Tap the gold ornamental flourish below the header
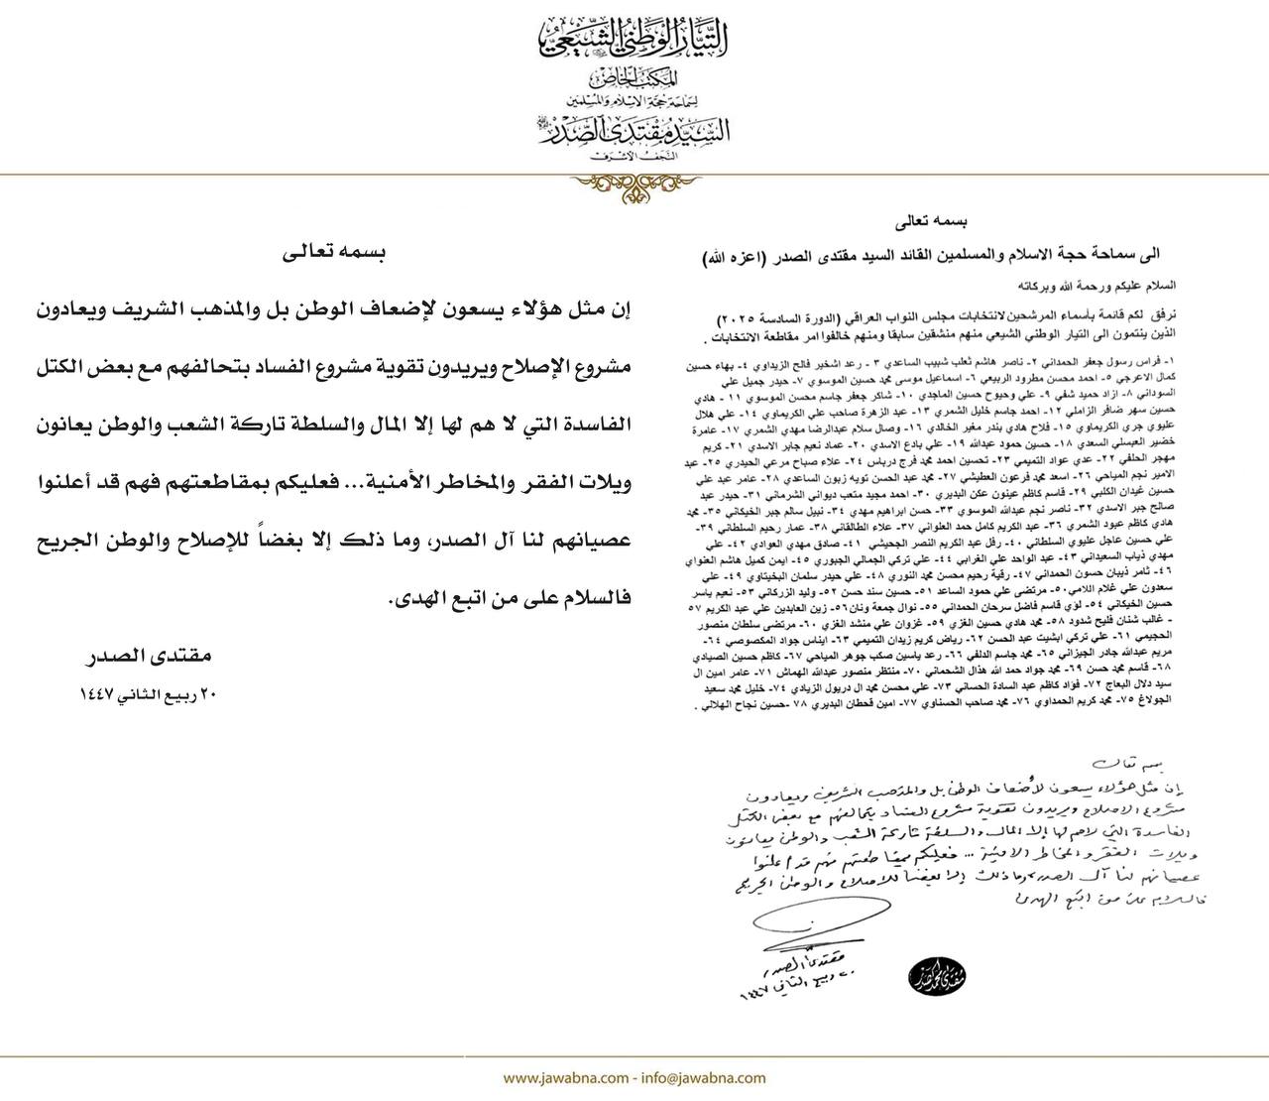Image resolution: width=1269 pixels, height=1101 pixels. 634,185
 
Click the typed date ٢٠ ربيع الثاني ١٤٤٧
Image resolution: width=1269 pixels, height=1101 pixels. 148,695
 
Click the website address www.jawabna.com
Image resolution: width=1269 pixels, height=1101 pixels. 561,1077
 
